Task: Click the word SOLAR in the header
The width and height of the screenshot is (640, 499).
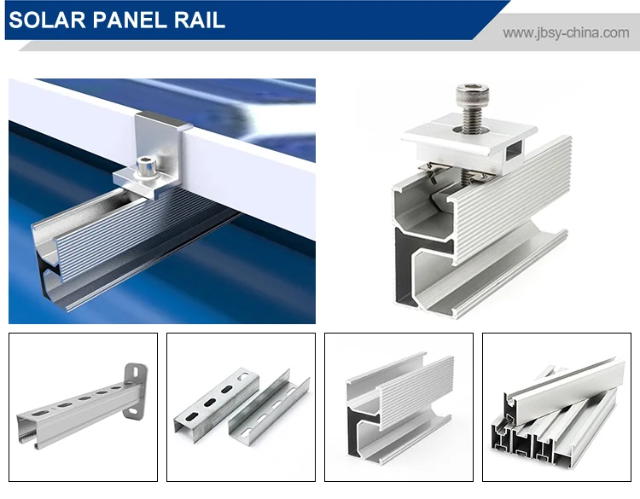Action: click(x=47, y=20)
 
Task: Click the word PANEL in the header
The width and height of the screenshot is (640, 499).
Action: click(x=131, y=20)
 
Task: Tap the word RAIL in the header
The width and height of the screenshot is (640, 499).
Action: click(x=200, y=20)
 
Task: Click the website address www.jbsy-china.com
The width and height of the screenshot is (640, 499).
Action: click(x=566, y=32)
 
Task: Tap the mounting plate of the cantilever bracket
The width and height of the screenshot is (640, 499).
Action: click(x=135, y=391)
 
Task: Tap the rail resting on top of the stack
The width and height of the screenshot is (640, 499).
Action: click(x=565, y=386)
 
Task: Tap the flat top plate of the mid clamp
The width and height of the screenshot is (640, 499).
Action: click(x=469, y=130)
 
